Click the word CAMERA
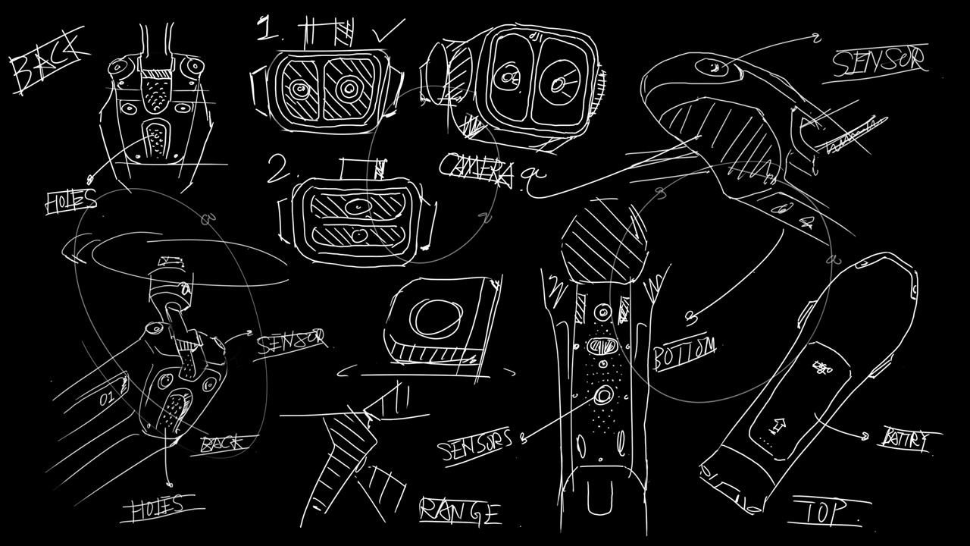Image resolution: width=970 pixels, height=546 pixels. pos(476,170)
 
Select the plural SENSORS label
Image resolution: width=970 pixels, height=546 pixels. pos(477,445)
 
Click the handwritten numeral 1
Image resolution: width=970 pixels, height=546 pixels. pos(267,30)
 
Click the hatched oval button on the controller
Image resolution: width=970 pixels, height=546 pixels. pos(603,347)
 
